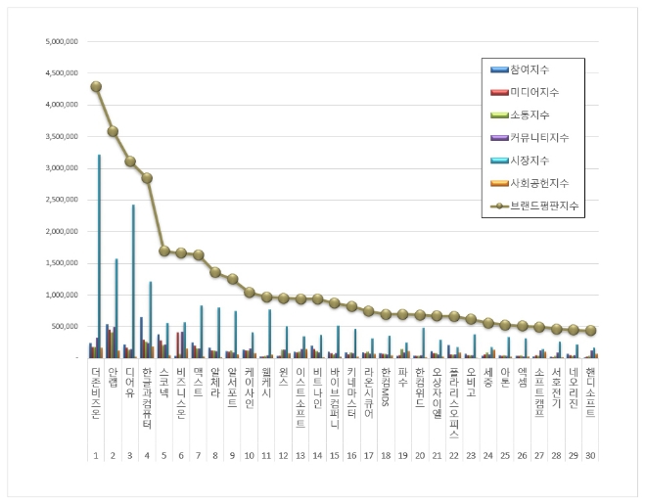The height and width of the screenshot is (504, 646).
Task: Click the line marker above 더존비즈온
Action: pyautogui.click(x=96, y=86)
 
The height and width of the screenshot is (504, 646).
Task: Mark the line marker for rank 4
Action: pyautogui.click(x=147, y=178)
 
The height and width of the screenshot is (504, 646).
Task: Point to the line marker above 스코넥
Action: pyautogui.click(x=164, y=251)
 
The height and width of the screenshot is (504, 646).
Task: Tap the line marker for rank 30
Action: pyautogui.click(x=590, y=331)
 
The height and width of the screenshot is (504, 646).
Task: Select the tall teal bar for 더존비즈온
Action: pyautogui.click(x=99, y=254)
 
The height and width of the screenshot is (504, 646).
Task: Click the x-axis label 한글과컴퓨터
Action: pyautogui.click(x=147, y=396)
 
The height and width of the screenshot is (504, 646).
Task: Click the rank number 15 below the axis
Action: pyautogui.click(x=335, y=455)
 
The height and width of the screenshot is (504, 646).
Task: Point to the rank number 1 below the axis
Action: pyautogui.click(x=96, y=455)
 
